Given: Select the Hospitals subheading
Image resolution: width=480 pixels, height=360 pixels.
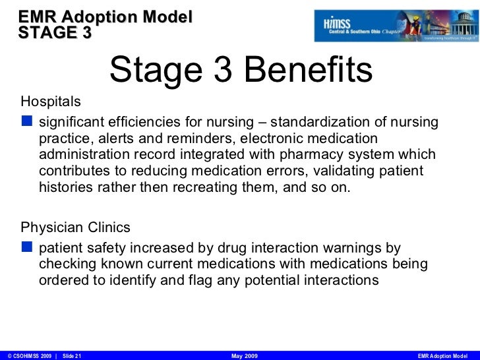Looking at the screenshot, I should (51, 102).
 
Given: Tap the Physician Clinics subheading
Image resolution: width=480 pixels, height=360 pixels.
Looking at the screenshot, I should (76, 227).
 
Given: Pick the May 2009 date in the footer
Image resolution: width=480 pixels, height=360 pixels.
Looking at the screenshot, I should (246, 355).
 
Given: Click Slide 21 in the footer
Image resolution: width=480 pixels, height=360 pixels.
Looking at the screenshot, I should (71, 355).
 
